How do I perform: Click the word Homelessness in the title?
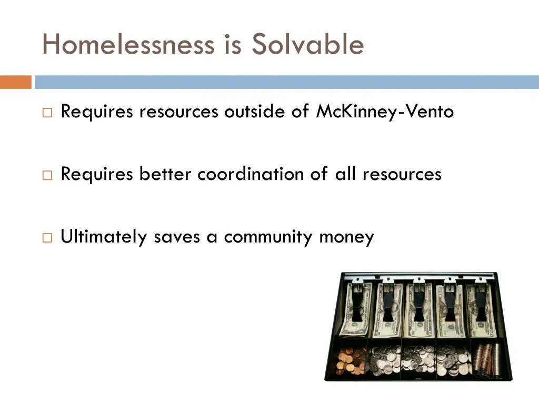(128, 44)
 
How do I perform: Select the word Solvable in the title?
(307, 44)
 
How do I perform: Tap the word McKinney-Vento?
(385, 112)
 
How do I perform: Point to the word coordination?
(251, 174)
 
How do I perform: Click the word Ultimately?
(104, 237)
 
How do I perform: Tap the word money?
(346, 237)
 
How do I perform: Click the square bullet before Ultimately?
(47, 238)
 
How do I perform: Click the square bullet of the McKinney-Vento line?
(47, 113)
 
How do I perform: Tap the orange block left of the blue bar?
(16, 82)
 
